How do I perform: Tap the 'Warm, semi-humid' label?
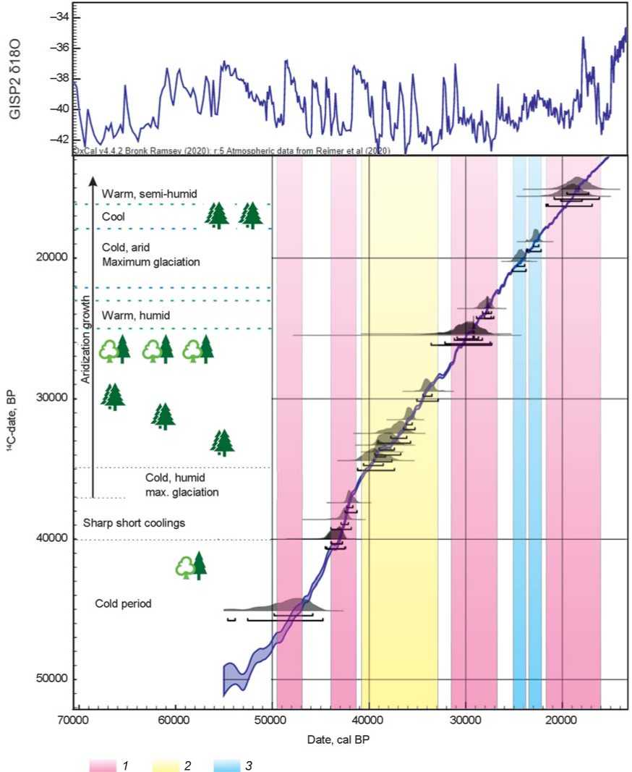pyautogui.click(x=149, y=193)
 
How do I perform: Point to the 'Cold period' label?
pyautogui.click(x=123, y=603)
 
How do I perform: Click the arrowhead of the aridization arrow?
pyautogui.click(x=93, y=179)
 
